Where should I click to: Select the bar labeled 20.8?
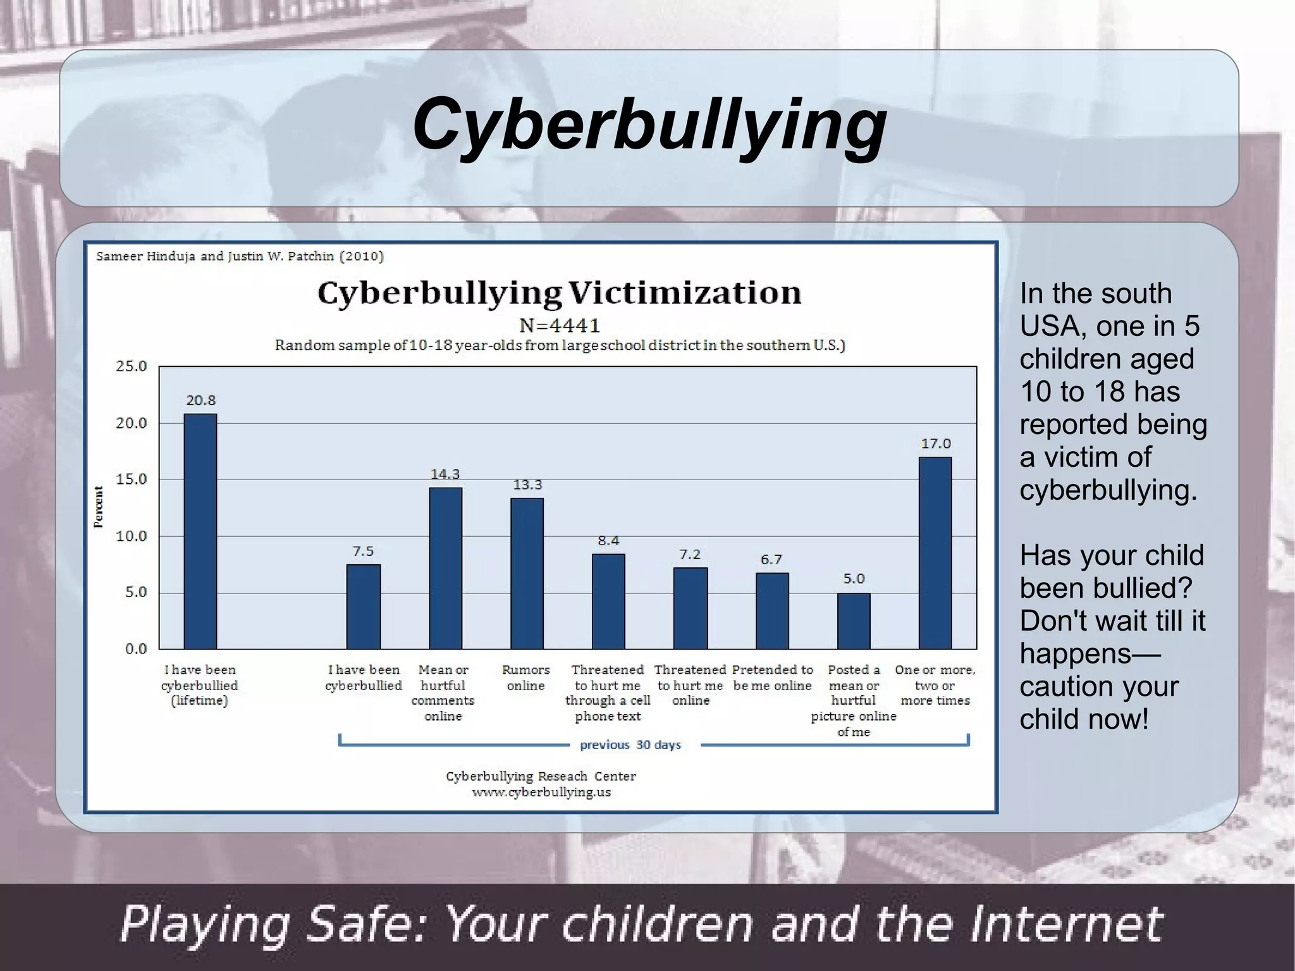click(200, 531)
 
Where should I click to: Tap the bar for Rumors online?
click(527, 573)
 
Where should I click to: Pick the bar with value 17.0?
click(935, 552)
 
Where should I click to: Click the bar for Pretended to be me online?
click(772, 610)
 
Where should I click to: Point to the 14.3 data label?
click(445, 474)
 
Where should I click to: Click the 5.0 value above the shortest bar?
click(854, 579)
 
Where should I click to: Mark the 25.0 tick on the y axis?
click(131, 366)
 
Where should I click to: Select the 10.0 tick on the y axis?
click(131, 536)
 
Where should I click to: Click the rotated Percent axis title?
click(99, 507)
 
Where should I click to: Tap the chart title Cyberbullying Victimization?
click(559, 293)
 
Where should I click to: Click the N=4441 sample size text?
click(559, 326)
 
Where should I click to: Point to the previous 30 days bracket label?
click(630, 745)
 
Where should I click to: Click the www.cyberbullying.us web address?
click(541, 792)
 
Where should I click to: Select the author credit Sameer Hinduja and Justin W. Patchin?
click(240, 256)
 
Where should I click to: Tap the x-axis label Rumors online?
click(525, 677)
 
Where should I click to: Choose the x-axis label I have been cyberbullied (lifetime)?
click(200, 685)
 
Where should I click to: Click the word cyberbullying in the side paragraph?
click(1108, 490)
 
